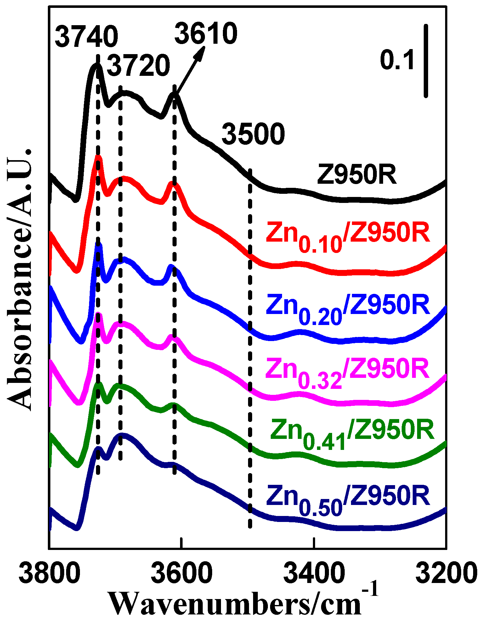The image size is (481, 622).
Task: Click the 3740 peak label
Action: pos(86,37)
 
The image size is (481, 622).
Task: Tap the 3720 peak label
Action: pos(139,66)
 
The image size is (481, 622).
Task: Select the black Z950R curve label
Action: pos(357,175)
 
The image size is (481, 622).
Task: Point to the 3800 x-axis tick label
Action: pos(50,573)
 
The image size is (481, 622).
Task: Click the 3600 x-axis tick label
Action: pos(182,573)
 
